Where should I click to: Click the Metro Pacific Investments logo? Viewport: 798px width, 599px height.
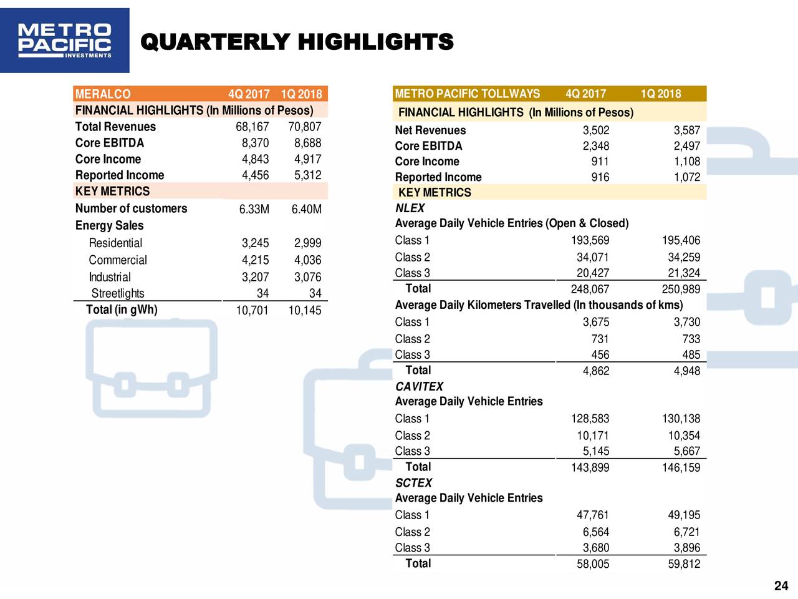coord(65,41)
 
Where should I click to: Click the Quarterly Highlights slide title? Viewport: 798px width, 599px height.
coord(297,41)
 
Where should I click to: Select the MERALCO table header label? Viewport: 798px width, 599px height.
coord(103,94)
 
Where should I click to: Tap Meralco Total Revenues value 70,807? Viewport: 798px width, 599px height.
coord(305,127)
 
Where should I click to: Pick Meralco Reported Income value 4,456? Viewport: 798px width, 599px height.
coord(255,175)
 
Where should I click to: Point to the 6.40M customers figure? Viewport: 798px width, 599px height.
coord(307,209)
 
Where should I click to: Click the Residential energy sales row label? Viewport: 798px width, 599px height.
coord(115,243)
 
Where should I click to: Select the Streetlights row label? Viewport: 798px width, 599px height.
coord(118,293)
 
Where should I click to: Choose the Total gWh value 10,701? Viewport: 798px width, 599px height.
coord(252,310)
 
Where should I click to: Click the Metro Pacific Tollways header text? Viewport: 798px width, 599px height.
coord(467,94)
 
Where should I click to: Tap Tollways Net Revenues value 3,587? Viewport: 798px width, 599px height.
coord(687,130)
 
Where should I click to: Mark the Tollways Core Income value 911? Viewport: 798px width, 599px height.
coord(600,162)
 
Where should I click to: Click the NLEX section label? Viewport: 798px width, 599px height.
coord(410,208)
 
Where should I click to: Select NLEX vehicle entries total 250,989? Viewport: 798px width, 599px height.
coord(681,289)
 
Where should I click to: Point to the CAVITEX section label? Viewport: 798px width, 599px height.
coord(419,386)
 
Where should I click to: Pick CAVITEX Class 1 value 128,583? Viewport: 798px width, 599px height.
coord(590,419)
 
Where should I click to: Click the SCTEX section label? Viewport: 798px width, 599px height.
coord(414,482)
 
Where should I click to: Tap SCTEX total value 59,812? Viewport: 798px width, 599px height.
coord(684,563)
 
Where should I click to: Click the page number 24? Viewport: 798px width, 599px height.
coord(781,586)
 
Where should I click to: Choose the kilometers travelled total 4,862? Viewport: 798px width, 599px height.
coord(596,371)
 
